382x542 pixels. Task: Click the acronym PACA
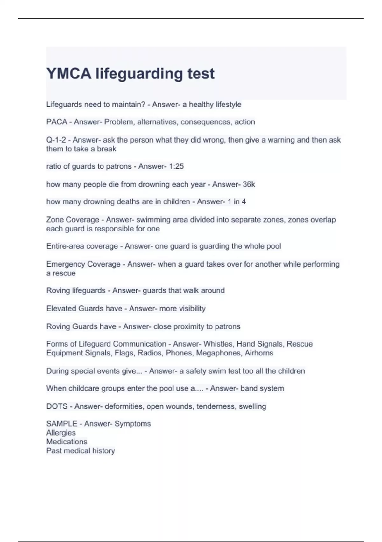[x=57, y=122]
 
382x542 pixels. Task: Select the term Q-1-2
[x=56, y=140]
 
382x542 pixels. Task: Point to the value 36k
[x=249, y=184]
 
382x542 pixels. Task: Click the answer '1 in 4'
[x=237, y=202]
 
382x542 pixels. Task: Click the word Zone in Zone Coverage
[x=55, y=220]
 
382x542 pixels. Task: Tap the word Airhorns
[x=259, y=353]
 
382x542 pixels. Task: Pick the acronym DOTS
[x=57, y=406]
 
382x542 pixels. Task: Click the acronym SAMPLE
[x=62, y=424]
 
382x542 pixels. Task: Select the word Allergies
[x=61, y=433]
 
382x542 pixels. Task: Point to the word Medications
[x=67, y=442]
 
